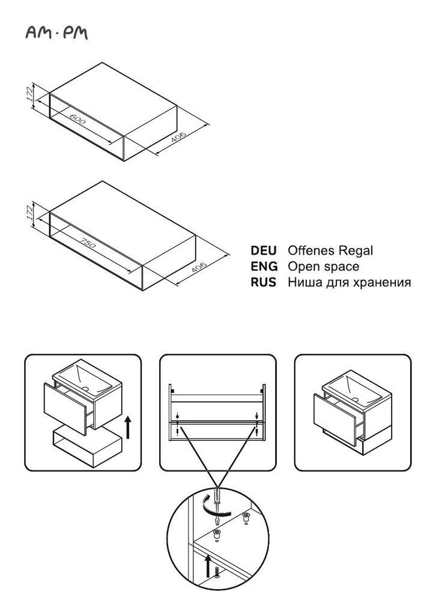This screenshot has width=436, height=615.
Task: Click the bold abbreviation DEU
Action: point(264,250)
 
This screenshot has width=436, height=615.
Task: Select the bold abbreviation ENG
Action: point(264,266)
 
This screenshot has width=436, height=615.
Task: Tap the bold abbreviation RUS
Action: point(264,282)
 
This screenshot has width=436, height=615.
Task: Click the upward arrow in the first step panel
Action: point(128,428)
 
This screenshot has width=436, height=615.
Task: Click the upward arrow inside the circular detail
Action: point(208,564)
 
